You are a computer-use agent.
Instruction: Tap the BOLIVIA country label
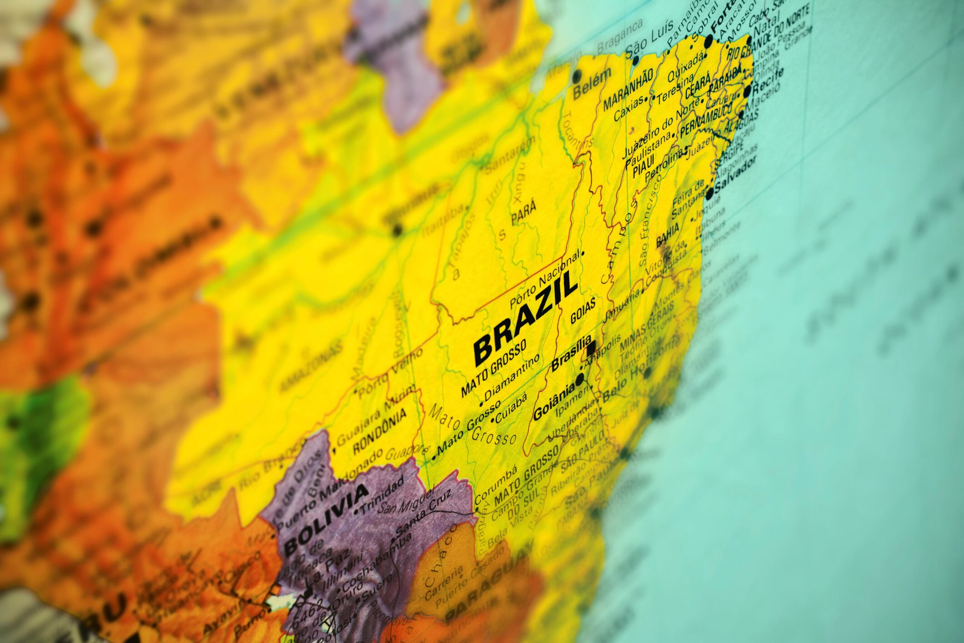point(325,518)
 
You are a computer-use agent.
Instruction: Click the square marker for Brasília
point(591,348)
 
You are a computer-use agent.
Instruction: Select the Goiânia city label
point(554,402)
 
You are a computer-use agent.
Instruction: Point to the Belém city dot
point(578,74)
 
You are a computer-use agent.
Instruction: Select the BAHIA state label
point(668,236)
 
